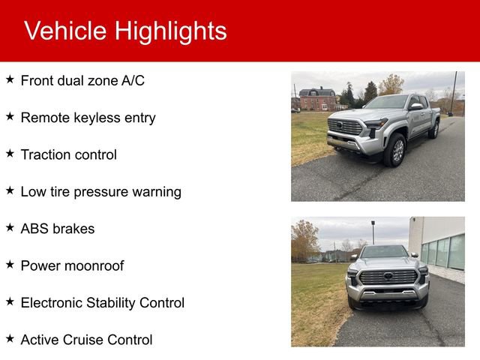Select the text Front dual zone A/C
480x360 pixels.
point(82,80)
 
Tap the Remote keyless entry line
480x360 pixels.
point(88,117)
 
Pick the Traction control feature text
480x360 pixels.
point(68,154)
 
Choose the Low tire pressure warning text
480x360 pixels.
point(100,191)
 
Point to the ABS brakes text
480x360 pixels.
point(58,229)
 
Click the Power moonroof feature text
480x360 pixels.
point(72,265)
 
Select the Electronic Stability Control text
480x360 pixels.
point(102,302)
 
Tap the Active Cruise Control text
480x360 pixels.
point(86,340)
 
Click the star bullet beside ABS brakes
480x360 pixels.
point(10,226)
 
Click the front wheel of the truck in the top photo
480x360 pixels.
point(395,151)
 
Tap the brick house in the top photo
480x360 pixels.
point(318,98)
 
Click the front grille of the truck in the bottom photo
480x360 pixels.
point(388,277)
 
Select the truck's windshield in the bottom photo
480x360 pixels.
point(384,252)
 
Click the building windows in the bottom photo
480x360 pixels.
point(443,252)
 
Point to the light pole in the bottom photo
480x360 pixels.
point(373,232)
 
